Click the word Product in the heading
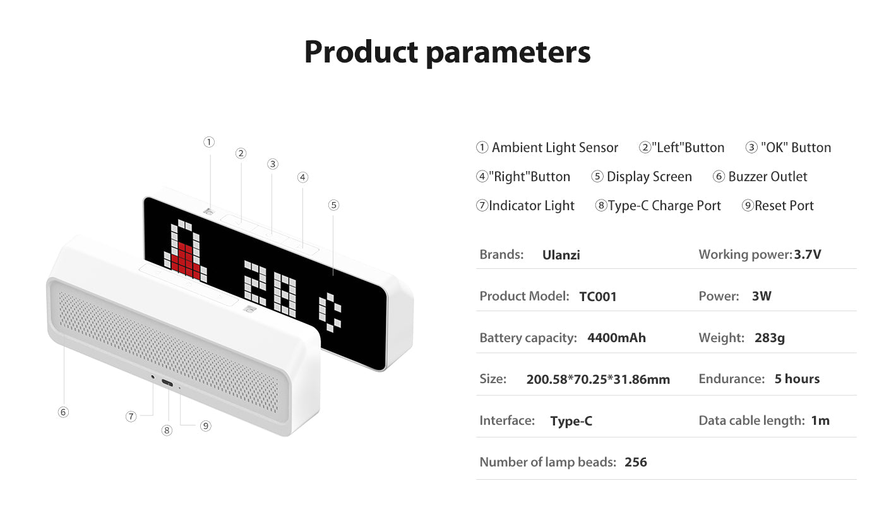[361, 52]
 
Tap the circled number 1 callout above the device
[209, 142]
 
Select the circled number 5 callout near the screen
[333, 205]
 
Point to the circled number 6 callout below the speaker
[63, 412]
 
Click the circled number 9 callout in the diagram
[205, 425]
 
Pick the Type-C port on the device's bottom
[167, 384]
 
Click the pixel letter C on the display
[330, 312]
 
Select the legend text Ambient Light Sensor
[554, 148]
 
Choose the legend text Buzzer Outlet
[768, 177]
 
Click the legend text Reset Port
[784, 206]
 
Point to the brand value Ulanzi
[561, 255]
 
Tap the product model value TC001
[598, 296]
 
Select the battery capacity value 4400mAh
[616, 338]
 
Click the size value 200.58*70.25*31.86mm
[598, 379]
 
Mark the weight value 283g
[770, 338]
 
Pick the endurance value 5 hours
[797, 379]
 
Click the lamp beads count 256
[636, 462]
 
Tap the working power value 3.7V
[808, 254]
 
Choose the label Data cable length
[751, 420]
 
